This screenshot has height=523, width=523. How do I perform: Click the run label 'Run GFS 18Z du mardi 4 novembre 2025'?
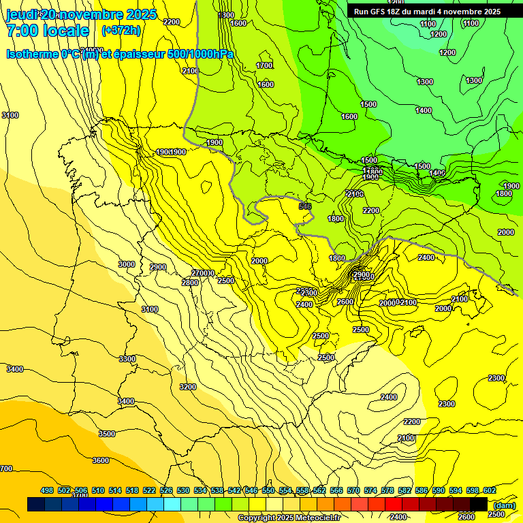[x=426, y=12]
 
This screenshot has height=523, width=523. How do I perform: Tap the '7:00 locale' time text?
[x=48, y=31]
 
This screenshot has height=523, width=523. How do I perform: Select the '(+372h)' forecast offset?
[x=120, y=31]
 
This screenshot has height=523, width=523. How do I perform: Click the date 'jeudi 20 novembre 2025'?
[x=81, y=14]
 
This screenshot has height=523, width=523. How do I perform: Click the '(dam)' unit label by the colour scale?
[x=503, y=505]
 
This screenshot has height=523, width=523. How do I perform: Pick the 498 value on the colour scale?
[x=47, y=490]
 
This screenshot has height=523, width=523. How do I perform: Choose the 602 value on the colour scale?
[x=490, y=490]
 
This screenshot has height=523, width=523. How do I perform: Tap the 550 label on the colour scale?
[x=268, y=490]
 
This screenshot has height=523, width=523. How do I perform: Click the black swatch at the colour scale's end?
[x=479, y=505]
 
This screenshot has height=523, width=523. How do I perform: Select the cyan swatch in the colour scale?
[x=172, y=505]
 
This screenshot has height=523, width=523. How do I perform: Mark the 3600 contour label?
[x=101, y=460]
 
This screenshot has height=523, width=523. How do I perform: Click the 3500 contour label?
[x=107, y=433]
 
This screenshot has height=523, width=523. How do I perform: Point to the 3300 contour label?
[x=127, y=358]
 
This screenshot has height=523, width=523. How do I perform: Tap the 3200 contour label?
[x=188, y=387]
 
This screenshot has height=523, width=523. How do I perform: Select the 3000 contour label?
[x=126, y=264]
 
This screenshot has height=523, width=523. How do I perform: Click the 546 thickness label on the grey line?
[x=304, y=206]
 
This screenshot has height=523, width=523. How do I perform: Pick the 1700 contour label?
[x=264, y=65]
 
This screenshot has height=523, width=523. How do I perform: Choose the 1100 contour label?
[x=428, y=24]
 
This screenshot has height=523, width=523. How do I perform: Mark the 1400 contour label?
[x=424, y=110]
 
